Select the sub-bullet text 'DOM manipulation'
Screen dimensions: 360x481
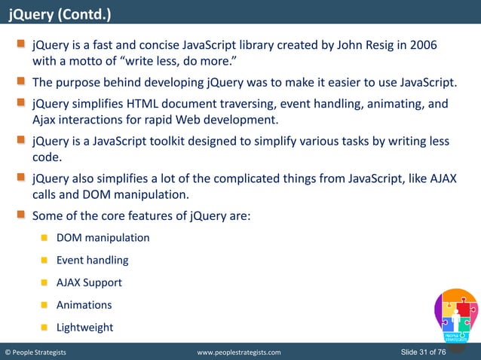tap(103, 238)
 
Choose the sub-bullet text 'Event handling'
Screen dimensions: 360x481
tap(92, 261)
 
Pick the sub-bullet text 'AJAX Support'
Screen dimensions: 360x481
tap(89, 283)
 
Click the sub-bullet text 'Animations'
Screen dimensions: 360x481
tap(84, 306)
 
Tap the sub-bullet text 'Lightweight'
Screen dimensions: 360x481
tap(84, 328)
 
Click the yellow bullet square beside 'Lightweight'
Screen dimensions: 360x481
tap(44, 328)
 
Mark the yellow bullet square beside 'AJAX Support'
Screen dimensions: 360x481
tap(44, 283)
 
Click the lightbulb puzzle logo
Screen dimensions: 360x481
tap(455, 316)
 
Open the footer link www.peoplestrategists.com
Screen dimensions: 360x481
tap(238, 352)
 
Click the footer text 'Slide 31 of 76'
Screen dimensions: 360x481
tap(434, 352)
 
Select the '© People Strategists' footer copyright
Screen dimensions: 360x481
tap(35, 352)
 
